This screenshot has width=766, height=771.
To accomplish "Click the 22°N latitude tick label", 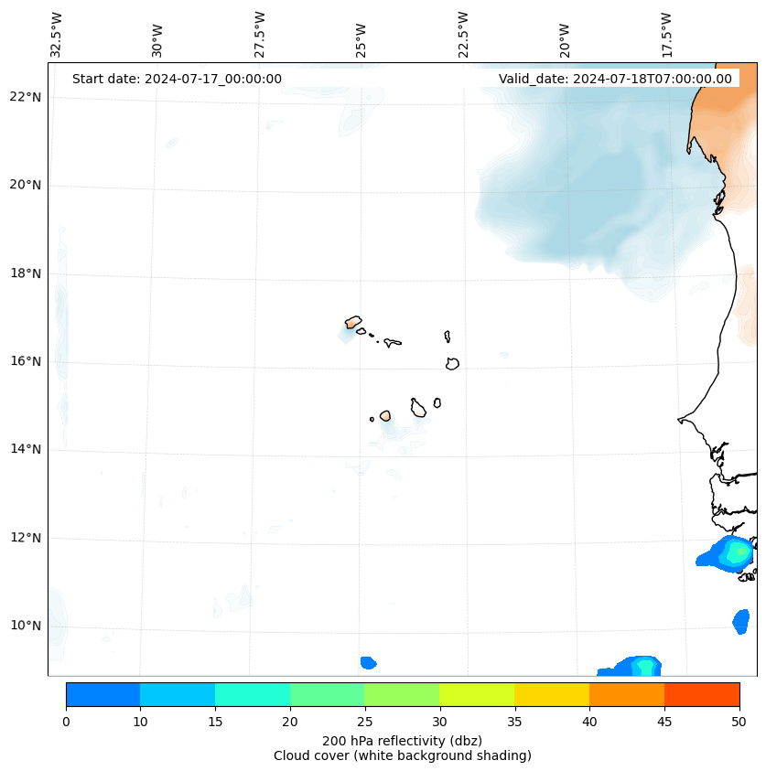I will coord(27,97).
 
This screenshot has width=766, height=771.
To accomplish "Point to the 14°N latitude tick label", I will coord(27,449).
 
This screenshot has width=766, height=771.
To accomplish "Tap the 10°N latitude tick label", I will coord(27,626).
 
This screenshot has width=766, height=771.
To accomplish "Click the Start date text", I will coord(177,79).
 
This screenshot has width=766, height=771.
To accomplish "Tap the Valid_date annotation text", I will coord(615,79).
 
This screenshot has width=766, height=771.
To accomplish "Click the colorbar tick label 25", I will coord(364,723).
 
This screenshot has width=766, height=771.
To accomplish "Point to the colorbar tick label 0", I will coord(66,723).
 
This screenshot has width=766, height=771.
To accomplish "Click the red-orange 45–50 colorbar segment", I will coord(701,694).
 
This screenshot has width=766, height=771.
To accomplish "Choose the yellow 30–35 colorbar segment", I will coord(477,694).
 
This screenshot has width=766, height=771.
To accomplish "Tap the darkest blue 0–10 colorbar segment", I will coord(102,694).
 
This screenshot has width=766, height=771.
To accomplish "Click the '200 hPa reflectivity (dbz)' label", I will coord(402,740).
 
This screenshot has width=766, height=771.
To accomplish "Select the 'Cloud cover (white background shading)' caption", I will coord(402,755).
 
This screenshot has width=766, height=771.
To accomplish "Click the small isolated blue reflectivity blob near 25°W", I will coord(368,662).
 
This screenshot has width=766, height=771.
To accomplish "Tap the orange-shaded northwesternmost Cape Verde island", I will coord(353,322).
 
